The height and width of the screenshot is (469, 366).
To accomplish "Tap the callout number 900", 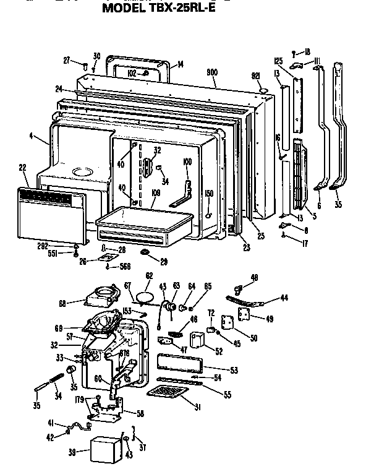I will click(x=212, y=73).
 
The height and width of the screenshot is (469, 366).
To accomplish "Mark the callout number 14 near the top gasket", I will click(x=180, y=64).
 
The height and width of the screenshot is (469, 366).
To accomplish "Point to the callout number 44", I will click(x=284, y=298).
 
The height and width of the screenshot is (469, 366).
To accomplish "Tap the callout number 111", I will click(x=317, y=61).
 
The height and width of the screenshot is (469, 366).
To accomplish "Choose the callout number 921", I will click(x=254, y=75).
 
